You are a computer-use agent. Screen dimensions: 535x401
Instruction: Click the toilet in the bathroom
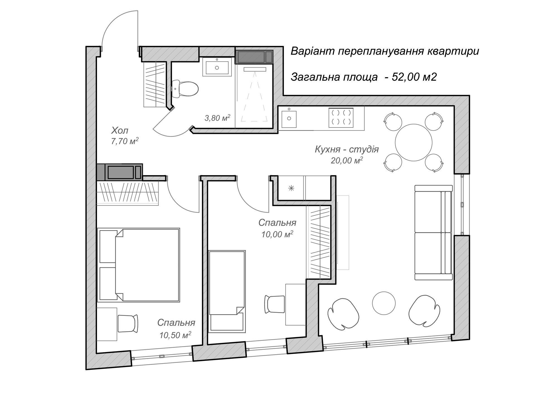coord(185,89)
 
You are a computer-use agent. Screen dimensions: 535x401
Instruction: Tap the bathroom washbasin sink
coord(217,67)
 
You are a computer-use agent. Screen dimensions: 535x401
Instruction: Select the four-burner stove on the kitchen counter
coord(341,118)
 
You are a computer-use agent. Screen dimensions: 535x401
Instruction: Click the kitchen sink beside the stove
coord(289,119)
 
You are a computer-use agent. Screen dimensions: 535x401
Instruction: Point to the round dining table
coord(414,143)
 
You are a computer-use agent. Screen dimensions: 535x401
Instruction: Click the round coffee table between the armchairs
coord(384,303)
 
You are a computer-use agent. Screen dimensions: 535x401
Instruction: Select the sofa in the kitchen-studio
coord(433,232)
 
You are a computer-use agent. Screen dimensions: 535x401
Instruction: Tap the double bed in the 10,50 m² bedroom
coord(138,265)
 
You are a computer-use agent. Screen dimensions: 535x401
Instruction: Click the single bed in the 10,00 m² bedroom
coord(227,291)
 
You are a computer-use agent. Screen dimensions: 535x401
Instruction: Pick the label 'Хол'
coord(120,130)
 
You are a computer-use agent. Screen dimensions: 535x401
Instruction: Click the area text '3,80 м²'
coord(217,118)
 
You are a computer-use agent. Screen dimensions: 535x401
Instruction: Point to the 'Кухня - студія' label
coord(347,149)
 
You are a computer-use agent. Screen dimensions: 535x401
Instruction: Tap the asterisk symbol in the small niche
coord(291,188)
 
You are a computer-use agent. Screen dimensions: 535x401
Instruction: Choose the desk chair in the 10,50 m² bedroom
coord(128,323)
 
